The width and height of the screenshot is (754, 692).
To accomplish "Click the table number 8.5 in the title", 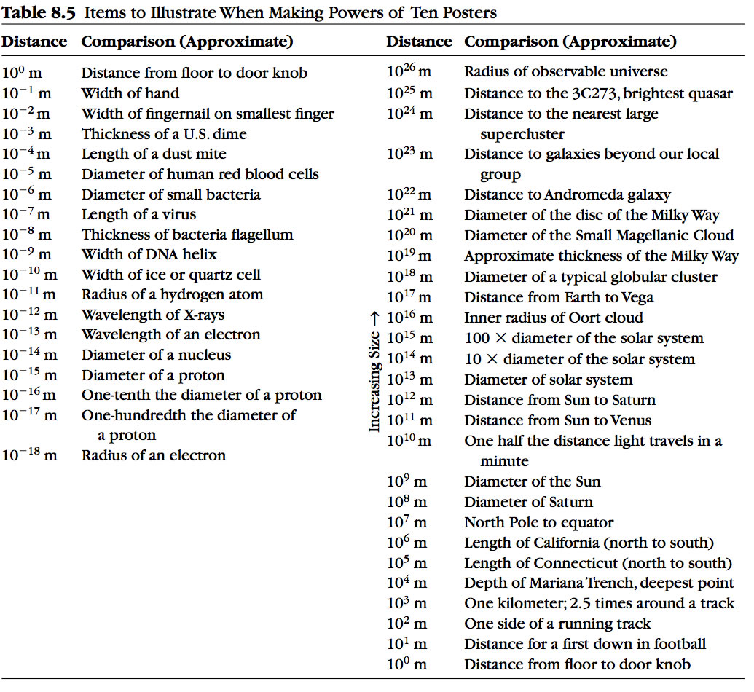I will [x=62, y=12].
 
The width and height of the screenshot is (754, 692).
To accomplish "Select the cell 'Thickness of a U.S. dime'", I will [x=164, y=134].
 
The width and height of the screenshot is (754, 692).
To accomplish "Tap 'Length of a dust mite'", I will [x=154, y=154].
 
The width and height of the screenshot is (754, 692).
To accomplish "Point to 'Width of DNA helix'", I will [x=149, y=255].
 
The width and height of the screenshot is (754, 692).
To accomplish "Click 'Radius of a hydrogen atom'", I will [x=172, y=295].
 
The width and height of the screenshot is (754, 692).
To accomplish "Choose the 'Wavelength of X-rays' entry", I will [x=153, y=315].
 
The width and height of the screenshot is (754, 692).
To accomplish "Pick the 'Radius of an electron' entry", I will [x=154, y=456].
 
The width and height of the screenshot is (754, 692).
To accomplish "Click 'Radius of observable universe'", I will [x=566, y=72].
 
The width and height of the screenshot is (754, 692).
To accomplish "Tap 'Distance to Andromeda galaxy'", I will [x=568, y=195].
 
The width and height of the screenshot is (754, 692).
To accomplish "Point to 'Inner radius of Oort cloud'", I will [x=554, y=318].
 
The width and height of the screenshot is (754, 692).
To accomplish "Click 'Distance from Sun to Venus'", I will [x=558, y=421].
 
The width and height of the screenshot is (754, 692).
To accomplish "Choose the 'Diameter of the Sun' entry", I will [x=533, y=482].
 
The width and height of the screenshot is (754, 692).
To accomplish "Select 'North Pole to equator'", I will [x=539, y=523].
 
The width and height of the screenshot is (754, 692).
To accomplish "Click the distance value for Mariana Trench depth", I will [x=407, y=583].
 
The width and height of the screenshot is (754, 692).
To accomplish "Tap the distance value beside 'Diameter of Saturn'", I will [x=407, y=503].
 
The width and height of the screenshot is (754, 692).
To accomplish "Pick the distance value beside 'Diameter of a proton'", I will [x=30, y=376].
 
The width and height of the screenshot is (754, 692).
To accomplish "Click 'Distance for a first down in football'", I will [x=586, y=645].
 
